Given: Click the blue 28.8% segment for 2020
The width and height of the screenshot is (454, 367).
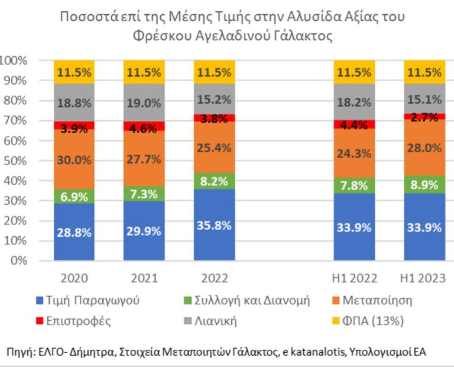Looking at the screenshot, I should (x=74, y=231).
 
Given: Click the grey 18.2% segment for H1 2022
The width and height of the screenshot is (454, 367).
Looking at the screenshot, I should (x=354, y=102).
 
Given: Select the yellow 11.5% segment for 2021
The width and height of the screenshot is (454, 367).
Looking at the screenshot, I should (x=144, y=72).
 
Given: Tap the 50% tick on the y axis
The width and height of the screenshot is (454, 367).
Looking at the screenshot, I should (x=16, y=160).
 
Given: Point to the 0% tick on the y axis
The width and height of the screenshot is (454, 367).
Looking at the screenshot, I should (x=18, y=260).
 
